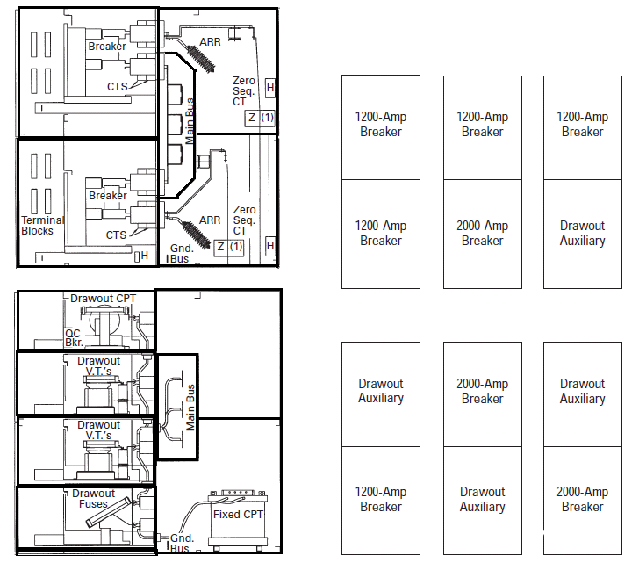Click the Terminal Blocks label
(x=37, y=226)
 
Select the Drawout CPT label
(x=104, y=299)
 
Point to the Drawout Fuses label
(x=93, y=499)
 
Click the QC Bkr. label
(x=75, y=338)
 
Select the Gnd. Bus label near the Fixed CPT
(x=182, y=544)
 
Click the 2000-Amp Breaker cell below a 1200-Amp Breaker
(x=483, y=234)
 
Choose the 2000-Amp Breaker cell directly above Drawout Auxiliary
(x=483, y=391)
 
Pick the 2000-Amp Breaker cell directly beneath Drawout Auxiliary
(x=583, y=499)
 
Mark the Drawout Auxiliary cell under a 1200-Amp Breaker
(x=583, y=234)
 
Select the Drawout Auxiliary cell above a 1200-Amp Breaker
(x=381, y=391)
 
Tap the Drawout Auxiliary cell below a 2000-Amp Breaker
(x=483, y=499)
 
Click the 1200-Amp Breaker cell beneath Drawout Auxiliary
(x=381, y=499)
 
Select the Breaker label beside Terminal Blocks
(x=107, y=196)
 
